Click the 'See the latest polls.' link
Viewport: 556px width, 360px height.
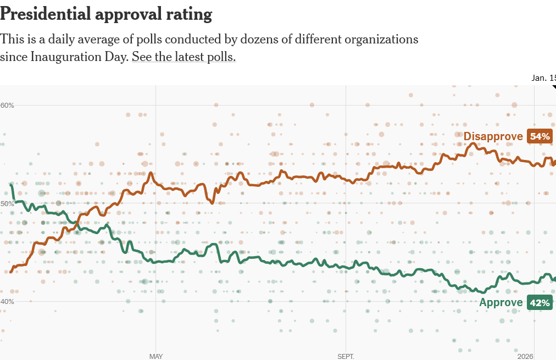point(184,57)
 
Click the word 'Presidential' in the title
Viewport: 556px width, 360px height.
point(46,14)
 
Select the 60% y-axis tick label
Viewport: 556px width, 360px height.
point(7,105)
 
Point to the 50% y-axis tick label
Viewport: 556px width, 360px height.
point(7,203)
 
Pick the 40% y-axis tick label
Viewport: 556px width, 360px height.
point(7,301)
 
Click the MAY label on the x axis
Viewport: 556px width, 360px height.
point(156,356)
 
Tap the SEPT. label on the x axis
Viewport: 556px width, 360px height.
point(346,356)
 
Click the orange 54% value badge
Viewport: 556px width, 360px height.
point(540,136)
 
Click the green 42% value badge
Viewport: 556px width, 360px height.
point(540,302)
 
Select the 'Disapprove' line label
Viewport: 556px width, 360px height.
point(493,136)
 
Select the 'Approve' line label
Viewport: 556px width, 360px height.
point(501,302)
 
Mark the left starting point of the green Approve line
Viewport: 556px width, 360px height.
point(11,185)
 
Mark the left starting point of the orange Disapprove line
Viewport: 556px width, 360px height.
point(10,272)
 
